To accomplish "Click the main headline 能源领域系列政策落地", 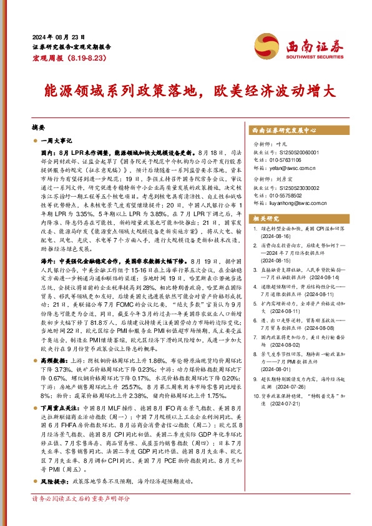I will (x=112, y=89).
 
